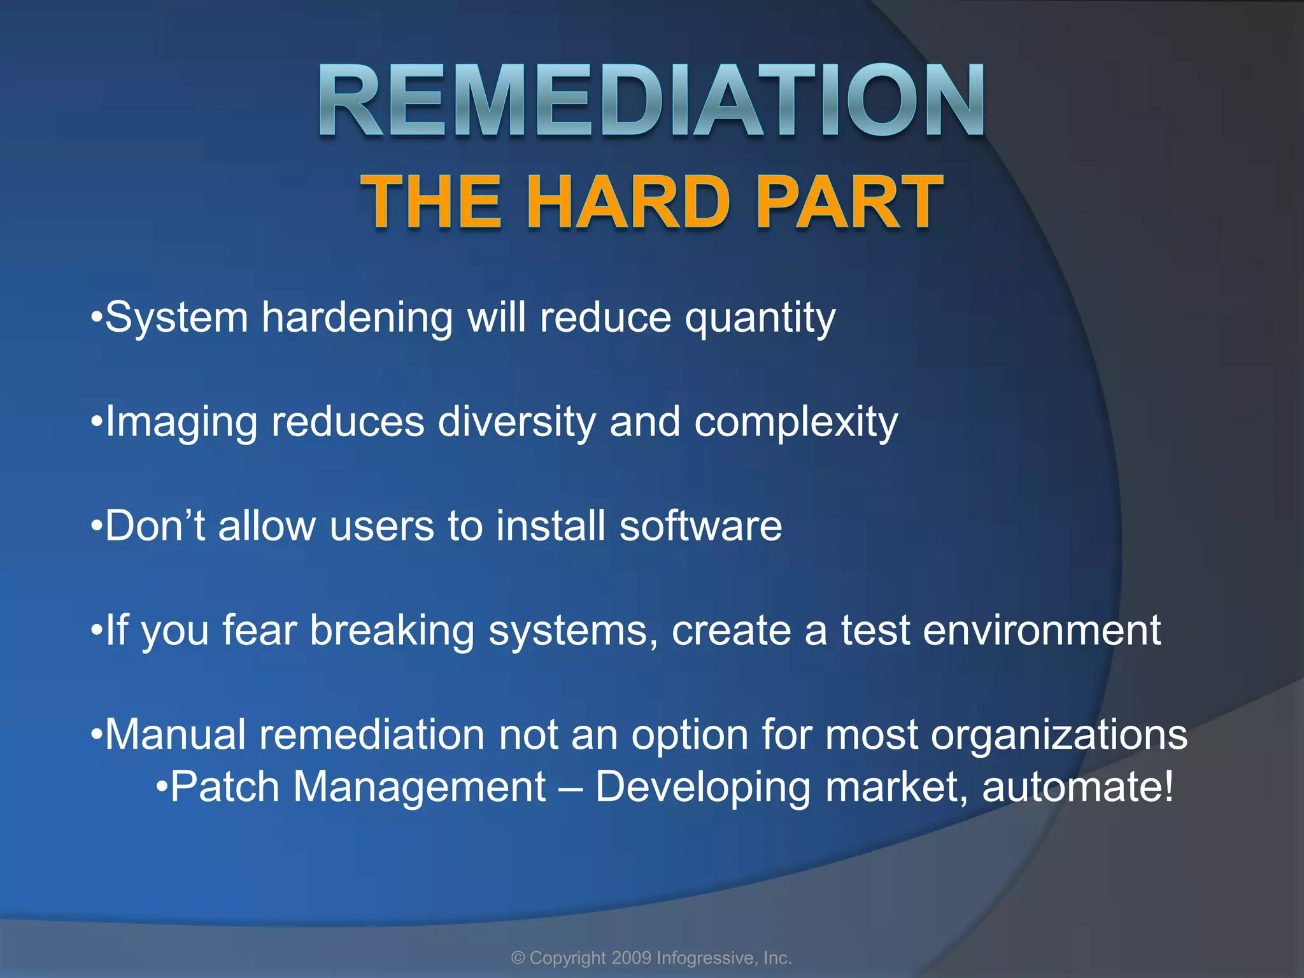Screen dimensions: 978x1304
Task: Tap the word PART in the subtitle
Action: click(x=849, y=202)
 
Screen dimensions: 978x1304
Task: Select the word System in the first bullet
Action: click(x=176, y=317)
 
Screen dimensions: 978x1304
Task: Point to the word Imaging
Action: click(x=181, y=423)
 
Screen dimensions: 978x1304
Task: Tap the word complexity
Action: click(x=795, y=423)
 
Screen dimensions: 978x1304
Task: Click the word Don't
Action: click(x=155, y=526)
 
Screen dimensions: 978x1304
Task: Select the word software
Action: click(x=700, y=526)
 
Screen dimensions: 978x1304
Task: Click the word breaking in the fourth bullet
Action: click(x=392, y=630)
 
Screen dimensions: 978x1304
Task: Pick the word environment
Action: click(x=1042, y=630)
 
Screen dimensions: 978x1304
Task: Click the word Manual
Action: click(x=175, y=735)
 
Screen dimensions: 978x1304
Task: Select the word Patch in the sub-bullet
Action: click(x=225, y=787)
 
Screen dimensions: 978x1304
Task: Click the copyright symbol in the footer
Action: click(x=518, y=958)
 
